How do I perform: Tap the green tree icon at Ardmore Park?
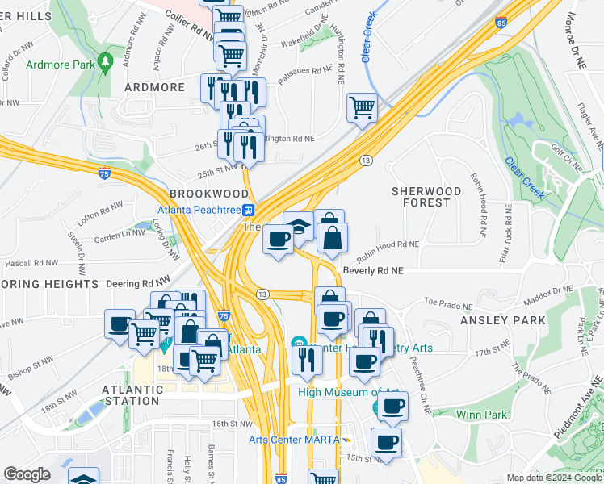point(104,61)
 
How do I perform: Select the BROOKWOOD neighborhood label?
point(209,194)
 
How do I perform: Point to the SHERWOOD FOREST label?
point(426,197)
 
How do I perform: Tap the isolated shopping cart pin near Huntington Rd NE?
point(363,107)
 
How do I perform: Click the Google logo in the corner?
point(27,474)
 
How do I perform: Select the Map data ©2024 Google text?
point(553,478)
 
